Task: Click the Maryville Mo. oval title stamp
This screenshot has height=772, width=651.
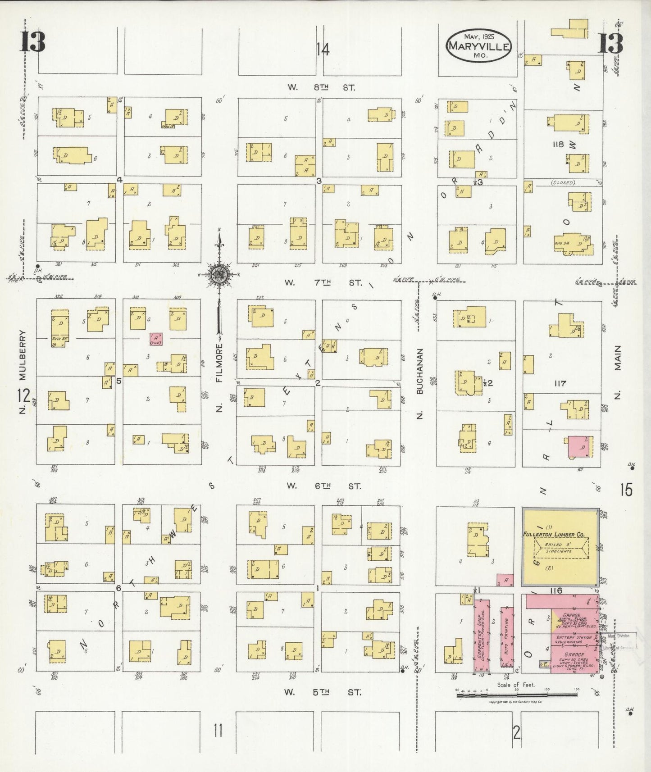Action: [x=478, y=46]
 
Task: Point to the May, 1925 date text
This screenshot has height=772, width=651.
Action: [x=479, y=36]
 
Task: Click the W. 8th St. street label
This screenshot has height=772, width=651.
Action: [x=322, y=87]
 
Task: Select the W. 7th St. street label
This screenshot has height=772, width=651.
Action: [x=323, y=283]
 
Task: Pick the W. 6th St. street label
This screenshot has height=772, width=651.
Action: [x=323, y=486]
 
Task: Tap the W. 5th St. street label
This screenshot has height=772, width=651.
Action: [x=323, y=692]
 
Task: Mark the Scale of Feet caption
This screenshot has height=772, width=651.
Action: [x=516, y=685]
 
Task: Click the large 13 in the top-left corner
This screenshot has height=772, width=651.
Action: [x=32, y=43]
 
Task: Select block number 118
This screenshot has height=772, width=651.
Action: [x=558, y=144]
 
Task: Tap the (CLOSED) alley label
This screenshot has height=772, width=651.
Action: [x=563, y=183]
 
